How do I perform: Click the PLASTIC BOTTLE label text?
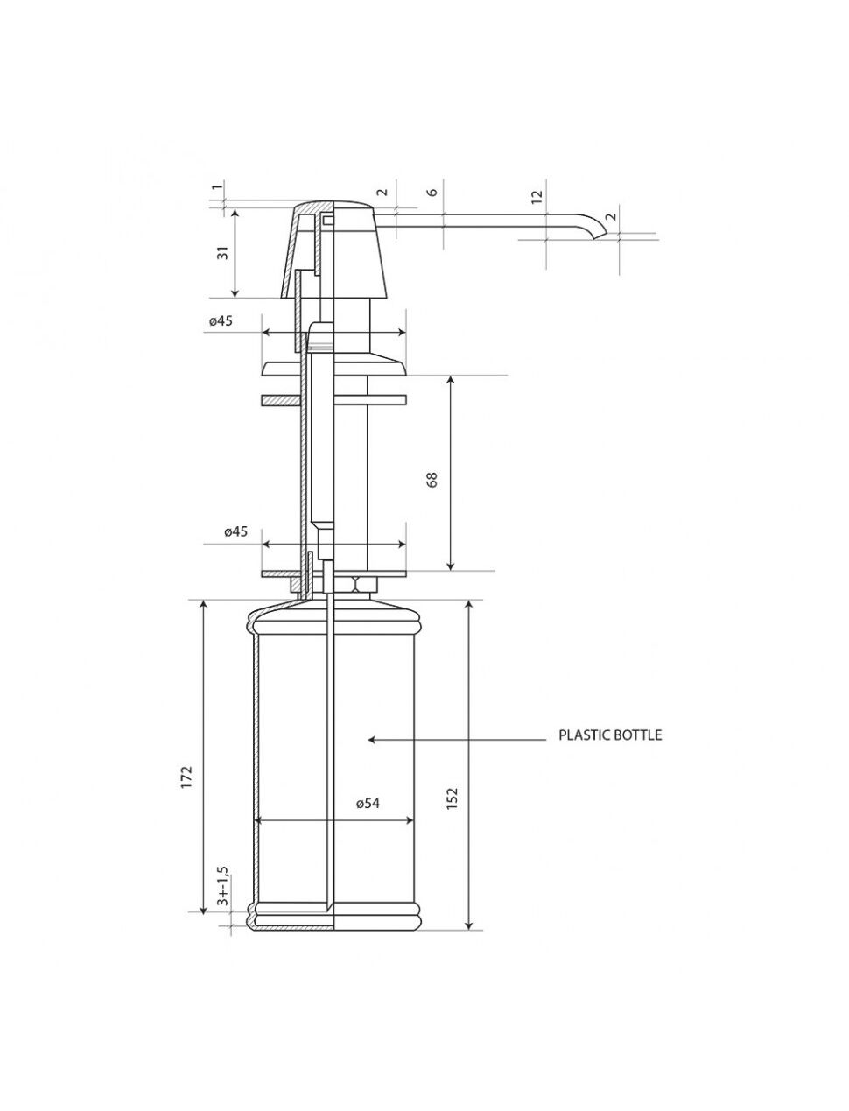pos(610,735)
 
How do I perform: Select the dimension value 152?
pos(452,798)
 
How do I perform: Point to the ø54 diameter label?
pos(368,803)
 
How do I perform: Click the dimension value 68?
pos(432,479)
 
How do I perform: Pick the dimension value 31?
pos(223,252)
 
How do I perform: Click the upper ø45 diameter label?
pos(221,320)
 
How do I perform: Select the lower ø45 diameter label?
pos(235,531)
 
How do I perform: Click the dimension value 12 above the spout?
pos(537,195)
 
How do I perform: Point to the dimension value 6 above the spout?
pos(432,193)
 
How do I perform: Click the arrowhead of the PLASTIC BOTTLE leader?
pos(371,740)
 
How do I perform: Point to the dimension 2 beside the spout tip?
pos(611,216)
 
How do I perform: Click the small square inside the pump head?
pos(326,220)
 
